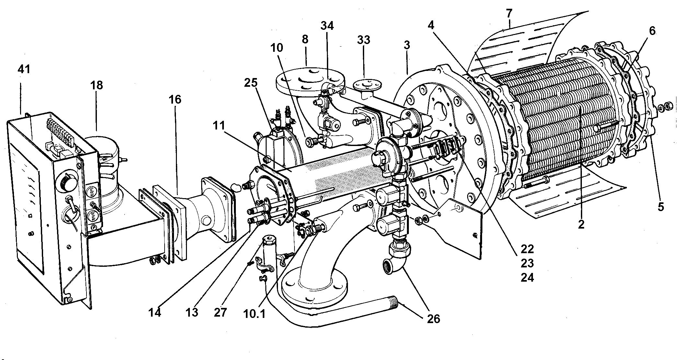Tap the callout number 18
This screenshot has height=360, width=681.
click(97, 85)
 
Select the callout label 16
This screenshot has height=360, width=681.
click(175, 99)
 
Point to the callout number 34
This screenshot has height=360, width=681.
click(327, 25)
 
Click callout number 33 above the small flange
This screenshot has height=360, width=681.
click(364, 40)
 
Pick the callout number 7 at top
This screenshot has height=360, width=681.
click(509, 13)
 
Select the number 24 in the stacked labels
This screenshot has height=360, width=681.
click(527, 277)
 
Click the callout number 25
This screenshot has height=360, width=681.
click(250, 83)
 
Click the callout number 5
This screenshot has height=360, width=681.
click(661, 206)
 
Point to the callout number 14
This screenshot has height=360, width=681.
click(155, 313)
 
